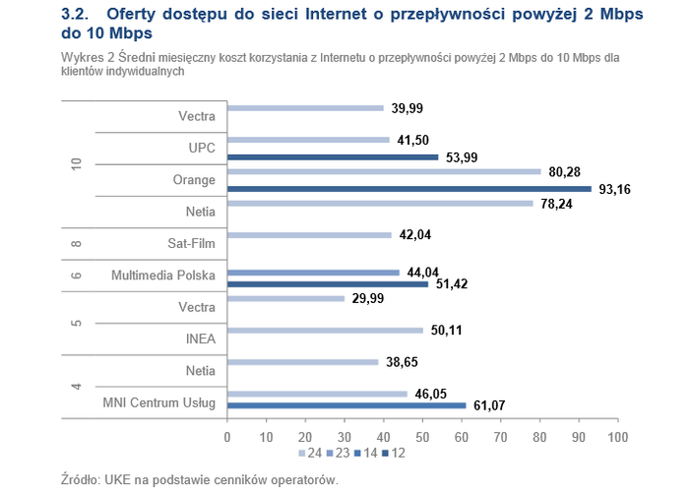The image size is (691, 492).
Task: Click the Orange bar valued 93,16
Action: pyautogui.click(x=408, y=188)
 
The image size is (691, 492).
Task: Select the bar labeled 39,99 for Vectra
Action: pyautogui.click(x=305, y=108)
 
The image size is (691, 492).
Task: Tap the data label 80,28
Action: pyautogui.click(x=564, y=172)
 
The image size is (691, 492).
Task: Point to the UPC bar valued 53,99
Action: pyautogui.click(x=333, y=156)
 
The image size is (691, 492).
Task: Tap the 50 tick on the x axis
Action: pyautogui.click(x=422, y=437)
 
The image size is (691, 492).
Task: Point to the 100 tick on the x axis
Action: pyautogui.click(x=617, y=437)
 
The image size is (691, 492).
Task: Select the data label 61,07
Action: pyautogui.click(x=488, y=405)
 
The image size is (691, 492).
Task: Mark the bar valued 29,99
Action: pyautogui.click(x=285, y=298)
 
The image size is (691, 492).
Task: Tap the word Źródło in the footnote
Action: pyautogui.click(x=81, y=479)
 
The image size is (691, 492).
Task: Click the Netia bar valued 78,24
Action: pyautogui.click(x=380, y=204)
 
